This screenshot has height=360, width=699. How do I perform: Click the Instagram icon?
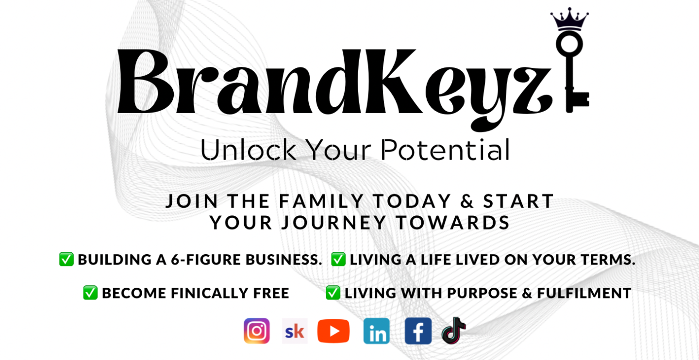pyautogui.click(x=256, y=331)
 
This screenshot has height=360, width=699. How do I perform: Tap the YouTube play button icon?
pyautogui.click(x=333, y=331)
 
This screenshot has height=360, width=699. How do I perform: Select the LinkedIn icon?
pyautogui.click(x=376, y=331)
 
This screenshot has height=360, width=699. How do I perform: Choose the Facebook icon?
pyautogui.click(x=418, y=331)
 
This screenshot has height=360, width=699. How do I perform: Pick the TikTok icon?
pyautogui.click(x=453, y=331)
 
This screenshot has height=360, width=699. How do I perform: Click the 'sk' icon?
pyautogui.click(x=295, y=331)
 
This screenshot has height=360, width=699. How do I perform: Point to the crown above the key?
pyautogui.click(x=569, y=19)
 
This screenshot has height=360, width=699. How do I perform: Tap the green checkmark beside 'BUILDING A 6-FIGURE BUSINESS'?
pyautogui.click(x=66, y=259)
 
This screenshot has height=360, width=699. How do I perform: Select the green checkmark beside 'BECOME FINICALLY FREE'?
pyautogui.click(x=90, y=293)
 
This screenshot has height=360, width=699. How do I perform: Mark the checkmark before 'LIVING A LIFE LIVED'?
pyautogui.click(x=338, y=259)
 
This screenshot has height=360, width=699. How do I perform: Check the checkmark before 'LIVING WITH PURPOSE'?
pyautogui.click(x=333, y=293)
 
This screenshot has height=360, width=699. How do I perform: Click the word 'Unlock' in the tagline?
pyautogui.click(x=248, y=150)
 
